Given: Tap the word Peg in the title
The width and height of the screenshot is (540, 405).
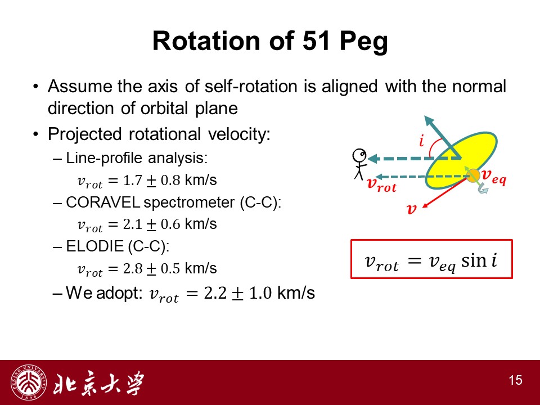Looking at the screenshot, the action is coord(364,43).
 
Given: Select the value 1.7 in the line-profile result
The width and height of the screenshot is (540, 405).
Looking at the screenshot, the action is coord(133,180).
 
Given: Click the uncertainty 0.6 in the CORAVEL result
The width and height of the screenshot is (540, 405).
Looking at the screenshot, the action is coord(170,224).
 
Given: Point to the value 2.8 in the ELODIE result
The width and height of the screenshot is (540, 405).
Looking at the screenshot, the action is coord(133,268).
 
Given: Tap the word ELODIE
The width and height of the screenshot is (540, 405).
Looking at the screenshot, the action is coord(94,246).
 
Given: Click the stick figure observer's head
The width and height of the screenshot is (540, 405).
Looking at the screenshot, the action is coord(359,155).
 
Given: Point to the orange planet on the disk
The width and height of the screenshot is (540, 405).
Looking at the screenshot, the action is coord(474,175).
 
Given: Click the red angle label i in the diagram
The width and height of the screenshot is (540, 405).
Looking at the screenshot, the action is coord(421,141).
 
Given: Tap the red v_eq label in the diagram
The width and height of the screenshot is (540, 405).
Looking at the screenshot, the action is coord(493,176).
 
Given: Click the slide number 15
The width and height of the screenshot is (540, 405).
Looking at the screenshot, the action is coord(516,380).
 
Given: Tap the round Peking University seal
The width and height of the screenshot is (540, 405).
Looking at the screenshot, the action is coord(29,382).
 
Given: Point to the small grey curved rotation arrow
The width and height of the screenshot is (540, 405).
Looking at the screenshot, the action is coord(483,188).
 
